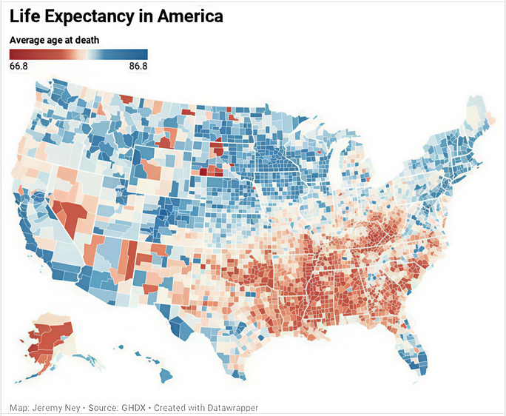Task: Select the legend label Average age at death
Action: pos(55,39)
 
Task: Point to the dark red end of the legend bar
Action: pos(13,54)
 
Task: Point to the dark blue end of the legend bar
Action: pos(144,54)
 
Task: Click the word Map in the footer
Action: pos(18,407)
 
